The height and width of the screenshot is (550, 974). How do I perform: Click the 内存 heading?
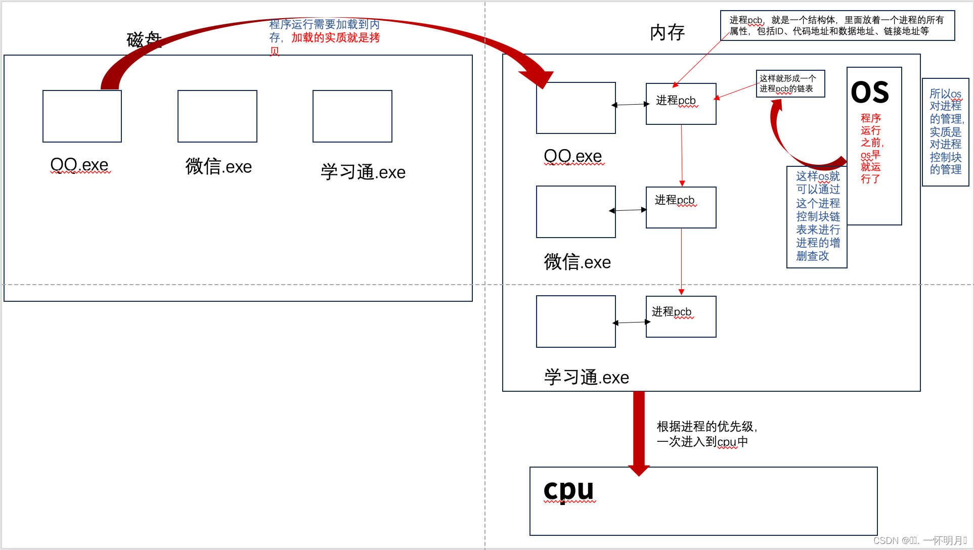[x=667, y=33]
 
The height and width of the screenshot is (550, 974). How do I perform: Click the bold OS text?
[x=870, y=93]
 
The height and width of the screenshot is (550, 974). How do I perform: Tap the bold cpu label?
[x=568, y=489]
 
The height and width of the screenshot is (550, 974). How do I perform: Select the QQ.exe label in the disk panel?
[x=79, y=165]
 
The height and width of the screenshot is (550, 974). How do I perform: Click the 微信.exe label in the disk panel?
[x=218, y=167]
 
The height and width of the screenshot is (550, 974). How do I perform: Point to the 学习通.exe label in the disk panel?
[x=363, y=172]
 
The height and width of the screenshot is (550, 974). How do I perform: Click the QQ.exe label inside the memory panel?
[x=573, y=156]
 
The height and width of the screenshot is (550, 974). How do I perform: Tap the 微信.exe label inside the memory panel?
[x=577, y=262]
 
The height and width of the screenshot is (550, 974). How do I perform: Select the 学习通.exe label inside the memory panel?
[x=587, y=378]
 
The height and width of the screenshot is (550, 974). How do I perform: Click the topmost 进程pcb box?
[x=681, y=104]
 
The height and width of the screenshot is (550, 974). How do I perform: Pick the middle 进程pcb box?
[x=681, y=207]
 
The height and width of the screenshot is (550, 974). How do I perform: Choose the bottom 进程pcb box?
[x=681, y=316]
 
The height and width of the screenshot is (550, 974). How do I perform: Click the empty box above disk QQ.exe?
[x=82, y=116]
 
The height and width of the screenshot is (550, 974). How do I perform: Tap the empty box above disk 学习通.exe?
[x=352, y=116]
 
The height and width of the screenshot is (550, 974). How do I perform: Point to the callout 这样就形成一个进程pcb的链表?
[x=790, y=83]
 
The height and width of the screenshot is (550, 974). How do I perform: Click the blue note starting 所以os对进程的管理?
[x=945, y=132]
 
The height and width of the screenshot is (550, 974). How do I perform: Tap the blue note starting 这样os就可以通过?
[x=817, y=216]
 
